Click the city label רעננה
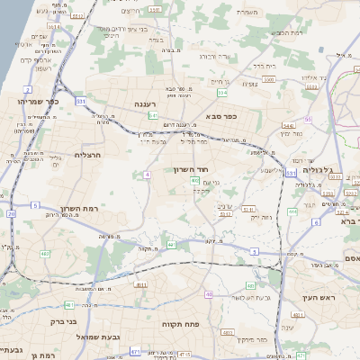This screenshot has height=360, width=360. pos(146,104)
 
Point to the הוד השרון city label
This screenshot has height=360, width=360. pos(191,168)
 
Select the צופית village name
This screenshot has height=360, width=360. pos(249,84)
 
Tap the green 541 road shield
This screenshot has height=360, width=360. pos(154,116)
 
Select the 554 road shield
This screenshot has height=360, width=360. pos(221,93)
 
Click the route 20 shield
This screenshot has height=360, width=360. pos(12,214)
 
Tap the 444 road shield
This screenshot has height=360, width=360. pos(292,212)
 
